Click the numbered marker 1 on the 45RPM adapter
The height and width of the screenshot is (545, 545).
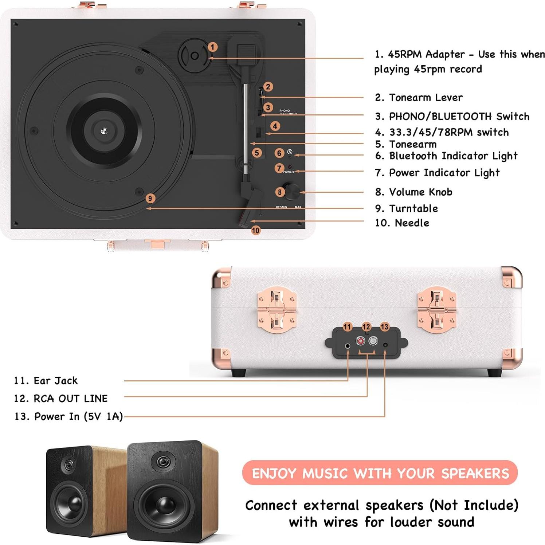point(212,47)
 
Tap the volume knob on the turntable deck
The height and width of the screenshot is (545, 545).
point(292,191)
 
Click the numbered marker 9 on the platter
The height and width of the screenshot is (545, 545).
point(150,199)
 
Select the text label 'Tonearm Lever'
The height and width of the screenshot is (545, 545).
point(426,98)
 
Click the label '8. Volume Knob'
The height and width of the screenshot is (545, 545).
point(413,192)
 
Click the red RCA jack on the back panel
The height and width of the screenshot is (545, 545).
point(361,341)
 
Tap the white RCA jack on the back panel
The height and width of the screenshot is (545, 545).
point(373,341)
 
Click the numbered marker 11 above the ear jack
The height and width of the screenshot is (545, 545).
point(347,327)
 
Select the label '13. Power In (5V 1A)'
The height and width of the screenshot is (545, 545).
point(68,416)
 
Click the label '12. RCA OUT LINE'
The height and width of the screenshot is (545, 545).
point(61,399)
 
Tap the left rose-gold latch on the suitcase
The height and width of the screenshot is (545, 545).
point(277,310)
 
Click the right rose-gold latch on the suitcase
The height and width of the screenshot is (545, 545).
point(436,310)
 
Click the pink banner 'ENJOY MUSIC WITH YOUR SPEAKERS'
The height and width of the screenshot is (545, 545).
point(380,473)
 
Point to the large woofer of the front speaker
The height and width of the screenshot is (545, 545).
point(164,505)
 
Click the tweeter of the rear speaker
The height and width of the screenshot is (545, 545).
point(68,465)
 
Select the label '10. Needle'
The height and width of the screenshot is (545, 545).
point(402,223)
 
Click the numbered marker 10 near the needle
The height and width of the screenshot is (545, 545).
point(256,230)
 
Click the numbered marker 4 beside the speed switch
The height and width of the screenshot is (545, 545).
point(275,126)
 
